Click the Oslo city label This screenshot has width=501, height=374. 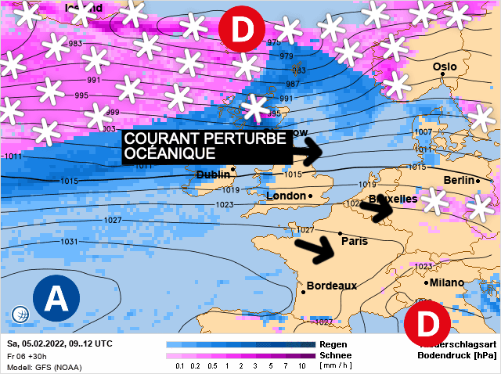(x=445, y=67)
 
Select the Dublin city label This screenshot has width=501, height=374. (x=213, y=174)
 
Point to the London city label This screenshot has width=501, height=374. (x=286, y=196)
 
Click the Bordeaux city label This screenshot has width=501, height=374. (x=331, y=286)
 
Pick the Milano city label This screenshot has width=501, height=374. (x=446, y=282)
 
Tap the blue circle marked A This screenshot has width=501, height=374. (x=56, y=297)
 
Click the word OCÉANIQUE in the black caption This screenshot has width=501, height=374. (x=164, y=153)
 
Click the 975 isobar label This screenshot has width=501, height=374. (x=275, y=43)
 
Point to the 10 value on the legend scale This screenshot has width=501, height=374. (x=301, y=365)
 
